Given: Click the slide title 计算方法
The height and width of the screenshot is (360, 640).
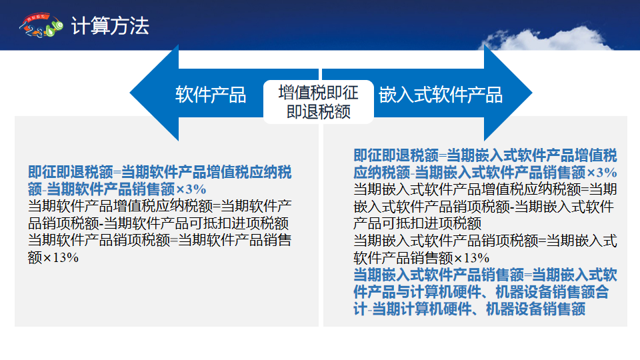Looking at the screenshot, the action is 110,26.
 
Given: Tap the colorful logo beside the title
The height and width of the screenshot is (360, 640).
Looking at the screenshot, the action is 41,25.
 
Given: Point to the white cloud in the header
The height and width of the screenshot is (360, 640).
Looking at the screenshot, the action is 547,39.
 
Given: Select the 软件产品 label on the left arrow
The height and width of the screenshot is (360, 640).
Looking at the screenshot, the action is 211,95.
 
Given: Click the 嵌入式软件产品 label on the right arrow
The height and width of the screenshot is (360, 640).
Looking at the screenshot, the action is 441,95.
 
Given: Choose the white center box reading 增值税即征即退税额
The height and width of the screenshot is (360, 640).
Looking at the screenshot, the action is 319,102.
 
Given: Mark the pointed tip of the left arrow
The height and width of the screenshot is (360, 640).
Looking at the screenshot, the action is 130,93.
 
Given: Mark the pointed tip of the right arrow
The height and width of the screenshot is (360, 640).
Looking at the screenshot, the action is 532,93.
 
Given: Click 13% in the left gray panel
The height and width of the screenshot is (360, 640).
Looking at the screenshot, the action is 65,257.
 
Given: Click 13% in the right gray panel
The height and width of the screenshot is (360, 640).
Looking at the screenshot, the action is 476,258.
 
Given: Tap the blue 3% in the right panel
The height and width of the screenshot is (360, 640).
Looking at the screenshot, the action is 607,173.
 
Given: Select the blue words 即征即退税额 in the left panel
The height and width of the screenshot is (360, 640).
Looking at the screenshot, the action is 70,172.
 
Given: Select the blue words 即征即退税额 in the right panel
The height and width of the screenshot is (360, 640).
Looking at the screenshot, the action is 396,155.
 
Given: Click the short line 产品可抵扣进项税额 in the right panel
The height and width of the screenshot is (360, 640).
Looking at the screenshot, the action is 417,223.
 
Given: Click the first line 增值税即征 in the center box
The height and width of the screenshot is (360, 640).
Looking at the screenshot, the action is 319,93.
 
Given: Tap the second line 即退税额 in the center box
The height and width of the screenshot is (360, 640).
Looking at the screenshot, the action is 319,111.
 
